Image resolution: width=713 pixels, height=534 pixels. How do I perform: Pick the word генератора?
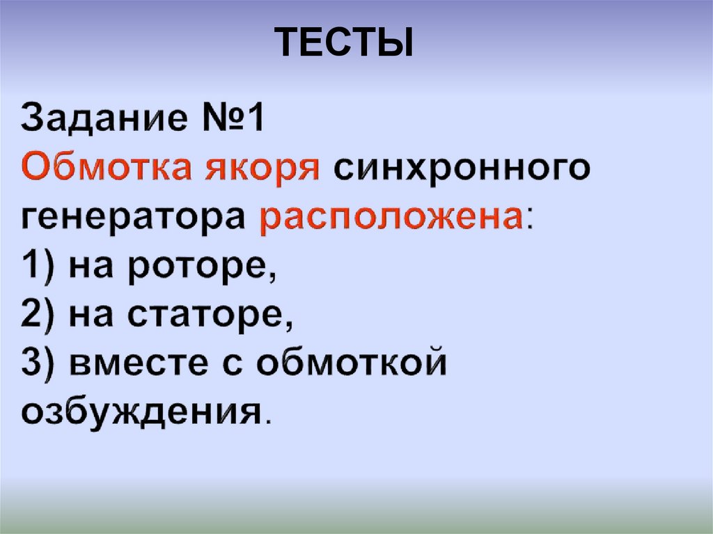pos(132,220)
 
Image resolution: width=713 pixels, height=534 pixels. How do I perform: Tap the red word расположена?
pos(390,220)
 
